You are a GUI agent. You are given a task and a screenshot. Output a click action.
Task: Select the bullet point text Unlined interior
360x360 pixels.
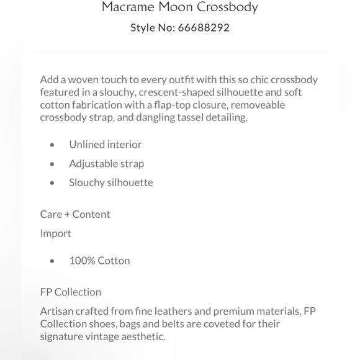pyautogui.click(x=106, y=145)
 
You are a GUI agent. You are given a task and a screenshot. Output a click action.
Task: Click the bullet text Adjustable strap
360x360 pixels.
pyautogui.click(x=106, y=164)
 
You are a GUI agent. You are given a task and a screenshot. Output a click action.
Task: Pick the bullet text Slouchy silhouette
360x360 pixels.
pyautogui.click(x=111, y=182)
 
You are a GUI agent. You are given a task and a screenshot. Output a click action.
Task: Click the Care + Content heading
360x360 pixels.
pyautogui.click(x=75, y=214)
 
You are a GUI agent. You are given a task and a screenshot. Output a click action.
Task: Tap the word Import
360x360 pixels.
pyautogui.click(x=56, y=233)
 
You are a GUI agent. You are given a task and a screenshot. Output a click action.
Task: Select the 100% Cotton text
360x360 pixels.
pyautogui.click(x=99, y=261)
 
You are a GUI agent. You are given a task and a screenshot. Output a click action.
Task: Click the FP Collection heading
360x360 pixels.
pyautogui.click(x=71, y=292)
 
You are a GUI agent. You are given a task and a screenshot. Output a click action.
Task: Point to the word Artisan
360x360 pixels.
pyautogui.click(x=57, y=311)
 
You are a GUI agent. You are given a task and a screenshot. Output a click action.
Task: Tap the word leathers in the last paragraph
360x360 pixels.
pyautogui.click(x=187, y=311)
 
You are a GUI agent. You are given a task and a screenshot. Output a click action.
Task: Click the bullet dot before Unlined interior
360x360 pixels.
pyautogui.click(x=53, y=145)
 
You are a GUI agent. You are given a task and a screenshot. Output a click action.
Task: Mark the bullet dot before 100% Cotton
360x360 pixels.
pyautogui.click(x=53, y=261)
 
